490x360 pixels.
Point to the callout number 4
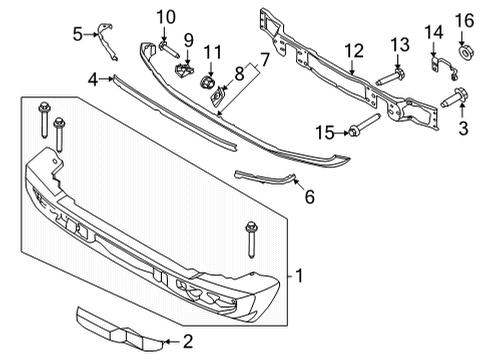pos(91,78)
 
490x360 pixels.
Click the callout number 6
pos(308,197)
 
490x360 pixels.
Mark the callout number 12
pos(354,50)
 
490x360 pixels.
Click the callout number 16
pos(463,21)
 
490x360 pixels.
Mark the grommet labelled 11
pos(209,80)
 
